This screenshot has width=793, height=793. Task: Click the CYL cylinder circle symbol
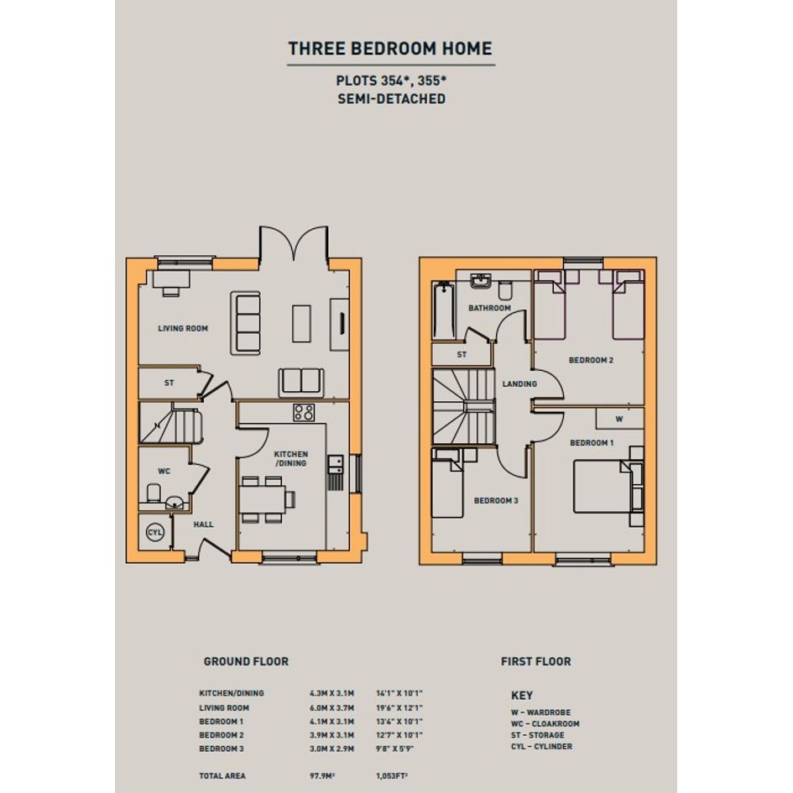(154, 533)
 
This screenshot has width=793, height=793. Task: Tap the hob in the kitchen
(304, 412)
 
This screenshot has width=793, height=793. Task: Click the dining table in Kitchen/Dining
(263, 499)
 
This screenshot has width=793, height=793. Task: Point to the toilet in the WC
(154, 493)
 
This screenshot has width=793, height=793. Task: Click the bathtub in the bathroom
(444, 310)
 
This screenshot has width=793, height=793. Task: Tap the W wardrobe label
(619, 419)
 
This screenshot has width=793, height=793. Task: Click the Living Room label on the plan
(183, 328)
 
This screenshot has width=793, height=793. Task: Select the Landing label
(519, 383)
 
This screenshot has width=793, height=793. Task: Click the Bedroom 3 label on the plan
(496, 501)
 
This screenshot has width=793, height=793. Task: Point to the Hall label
(203, 524)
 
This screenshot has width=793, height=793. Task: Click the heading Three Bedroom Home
(390, 49)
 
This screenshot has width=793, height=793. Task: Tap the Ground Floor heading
(246, 661)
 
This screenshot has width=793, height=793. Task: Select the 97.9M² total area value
(322, 775)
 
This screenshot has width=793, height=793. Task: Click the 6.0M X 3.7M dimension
(331, 707)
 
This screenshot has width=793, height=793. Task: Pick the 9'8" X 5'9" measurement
(394, 749)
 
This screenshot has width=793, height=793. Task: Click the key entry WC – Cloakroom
(545, 723)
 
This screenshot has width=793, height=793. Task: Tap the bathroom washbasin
(481, 280)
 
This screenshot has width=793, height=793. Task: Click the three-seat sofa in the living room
(246, 323)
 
